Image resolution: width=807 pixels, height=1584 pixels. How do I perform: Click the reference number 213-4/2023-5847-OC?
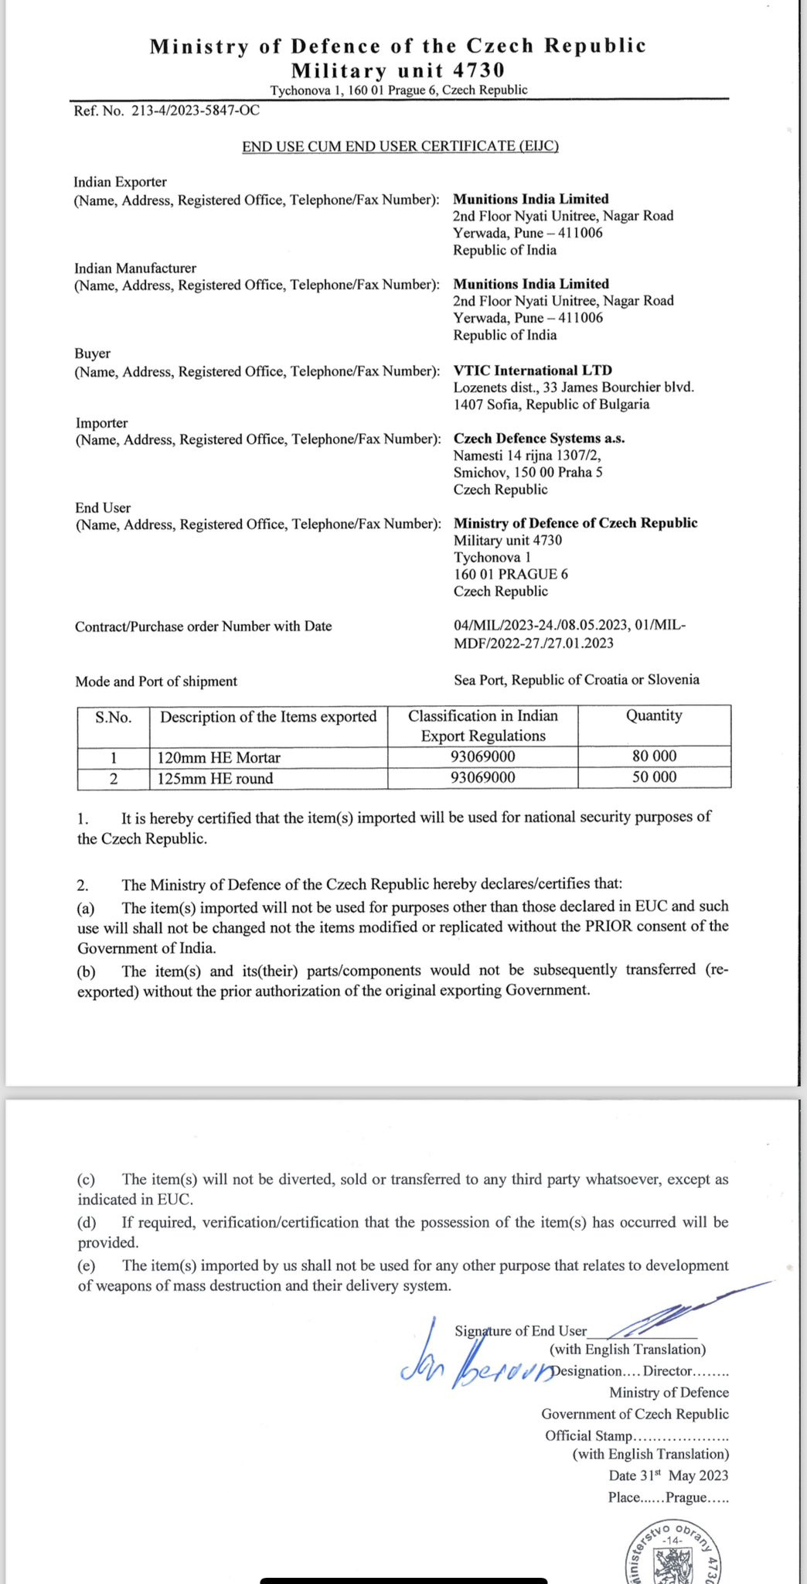[x=196, y=111]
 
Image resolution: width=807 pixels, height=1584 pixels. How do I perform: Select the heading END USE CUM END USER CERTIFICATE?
[x=400, y=146]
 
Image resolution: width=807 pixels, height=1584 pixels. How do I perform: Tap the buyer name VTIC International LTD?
[x=533, y=370]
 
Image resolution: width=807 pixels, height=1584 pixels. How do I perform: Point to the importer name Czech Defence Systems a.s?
[x=539, y=439]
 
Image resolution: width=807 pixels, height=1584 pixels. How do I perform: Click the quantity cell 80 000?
[x=654, y=756]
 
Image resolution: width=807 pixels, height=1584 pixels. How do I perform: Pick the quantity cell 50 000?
[x=654, y=777]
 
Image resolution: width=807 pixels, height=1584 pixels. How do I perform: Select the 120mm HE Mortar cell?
[x=219, y=758]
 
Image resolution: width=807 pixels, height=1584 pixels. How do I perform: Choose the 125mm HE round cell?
[x=215, y=779]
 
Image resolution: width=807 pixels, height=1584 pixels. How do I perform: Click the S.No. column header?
[x=114, y=717]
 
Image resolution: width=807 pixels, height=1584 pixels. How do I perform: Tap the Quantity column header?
[x=654, y=715]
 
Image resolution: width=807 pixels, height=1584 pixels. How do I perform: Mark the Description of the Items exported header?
[x=268, y=717]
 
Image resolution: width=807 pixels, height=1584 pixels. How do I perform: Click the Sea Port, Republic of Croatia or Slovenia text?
[x=577, y=680]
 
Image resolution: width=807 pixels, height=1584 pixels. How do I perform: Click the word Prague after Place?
[x=686, y=1497]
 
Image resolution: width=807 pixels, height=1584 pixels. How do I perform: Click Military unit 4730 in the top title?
[x=398, y=70]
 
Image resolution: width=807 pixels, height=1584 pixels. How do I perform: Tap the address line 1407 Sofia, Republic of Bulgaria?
[x=551, y=405]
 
